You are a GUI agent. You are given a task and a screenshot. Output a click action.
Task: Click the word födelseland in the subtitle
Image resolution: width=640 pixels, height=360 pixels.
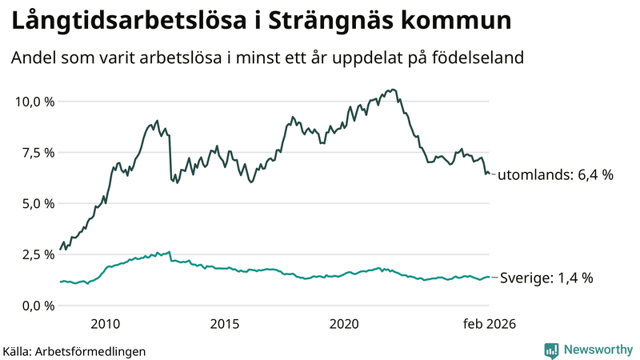478,58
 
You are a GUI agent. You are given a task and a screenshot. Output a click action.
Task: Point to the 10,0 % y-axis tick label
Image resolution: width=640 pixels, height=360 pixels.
34,102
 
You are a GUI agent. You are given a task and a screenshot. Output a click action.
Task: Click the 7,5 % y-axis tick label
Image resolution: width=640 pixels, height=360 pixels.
37,153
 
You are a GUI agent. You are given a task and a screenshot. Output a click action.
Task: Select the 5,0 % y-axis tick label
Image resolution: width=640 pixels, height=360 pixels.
37,203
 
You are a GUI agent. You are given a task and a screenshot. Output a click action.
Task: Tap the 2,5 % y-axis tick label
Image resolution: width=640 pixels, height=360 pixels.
37,254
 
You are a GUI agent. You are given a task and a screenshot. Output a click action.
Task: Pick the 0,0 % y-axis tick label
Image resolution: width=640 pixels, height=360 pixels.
37,306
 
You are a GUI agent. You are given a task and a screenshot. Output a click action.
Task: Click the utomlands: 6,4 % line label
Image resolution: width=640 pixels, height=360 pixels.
555,174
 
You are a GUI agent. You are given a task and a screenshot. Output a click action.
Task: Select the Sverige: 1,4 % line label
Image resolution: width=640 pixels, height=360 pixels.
546,278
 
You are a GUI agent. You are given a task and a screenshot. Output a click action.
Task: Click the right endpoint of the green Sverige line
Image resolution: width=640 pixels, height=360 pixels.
489,277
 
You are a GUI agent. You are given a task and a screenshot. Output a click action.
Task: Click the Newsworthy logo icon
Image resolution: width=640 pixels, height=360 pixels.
551,350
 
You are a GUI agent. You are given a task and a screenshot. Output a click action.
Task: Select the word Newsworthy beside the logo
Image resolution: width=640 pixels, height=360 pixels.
597,350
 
